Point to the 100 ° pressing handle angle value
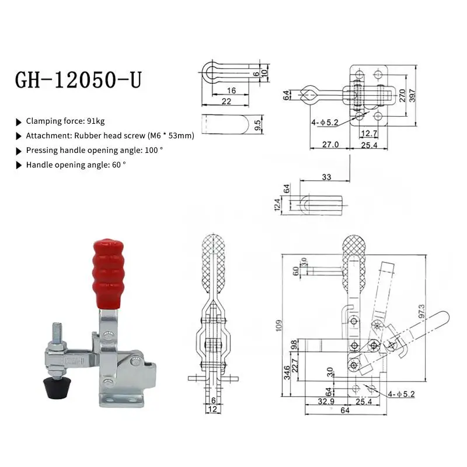(153, 151)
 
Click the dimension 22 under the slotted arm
(227, 101)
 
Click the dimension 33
(326, 177)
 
